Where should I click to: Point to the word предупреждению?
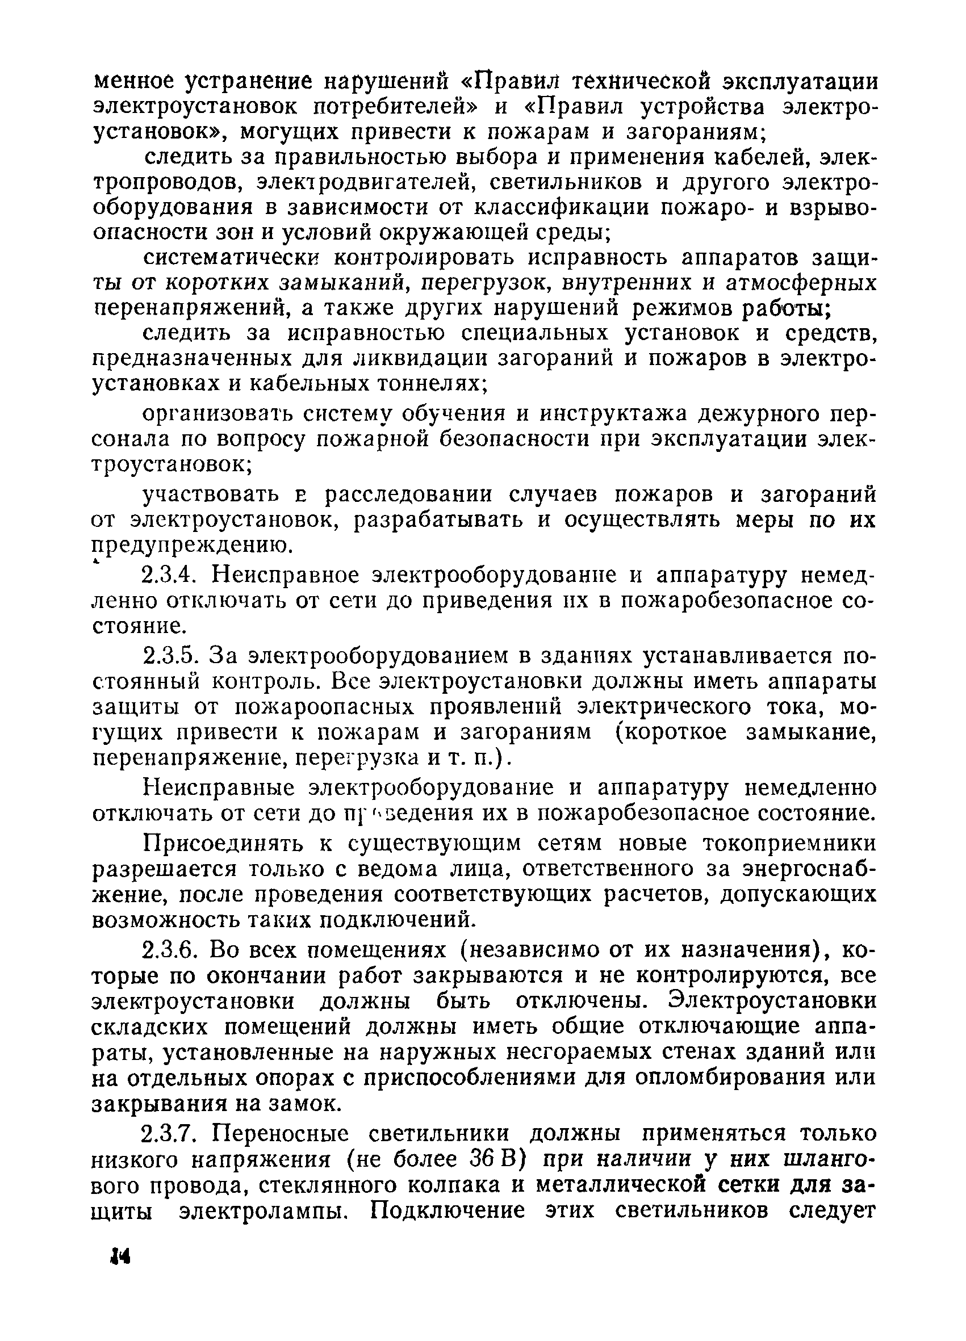coord(193,544)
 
